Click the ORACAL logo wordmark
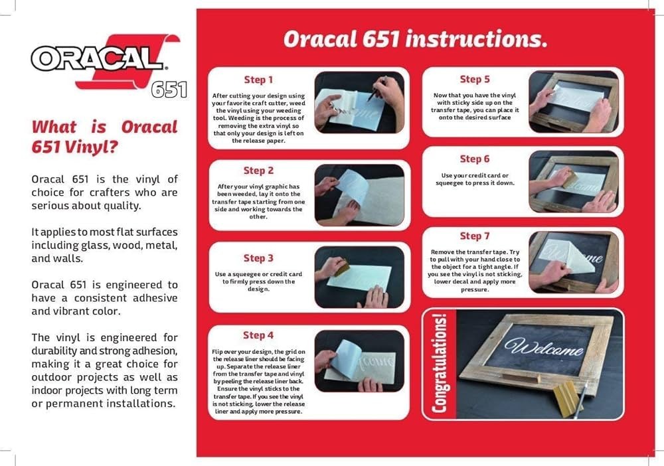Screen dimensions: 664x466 point(97,58)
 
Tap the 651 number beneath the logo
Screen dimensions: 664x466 point(169,89)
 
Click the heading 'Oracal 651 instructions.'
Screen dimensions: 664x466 point(415,39)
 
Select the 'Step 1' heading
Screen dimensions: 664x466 point(258,80)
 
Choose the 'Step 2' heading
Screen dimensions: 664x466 point(258,171)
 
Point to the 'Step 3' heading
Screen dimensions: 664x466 point(258,258)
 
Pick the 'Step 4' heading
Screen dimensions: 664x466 point(258,335)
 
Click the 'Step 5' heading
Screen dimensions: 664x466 point(475,79)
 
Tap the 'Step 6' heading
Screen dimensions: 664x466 point(475,159)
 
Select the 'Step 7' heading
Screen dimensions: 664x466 point(475,236)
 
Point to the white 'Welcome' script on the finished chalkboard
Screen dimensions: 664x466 point(544,347)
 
